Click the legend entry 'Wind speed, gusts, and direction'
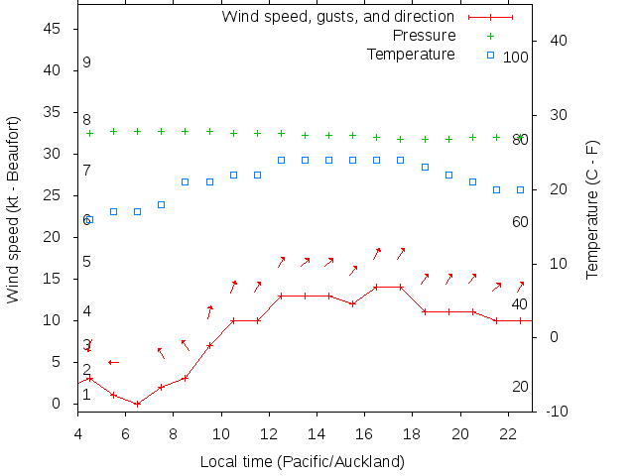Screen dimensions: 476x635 337,17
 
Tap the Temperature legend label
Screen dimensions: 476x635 411,54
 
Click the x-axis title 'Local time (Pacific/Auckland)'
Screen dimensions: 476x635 303,461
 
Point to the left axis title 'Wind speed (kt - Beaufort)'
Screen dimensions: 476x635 13,209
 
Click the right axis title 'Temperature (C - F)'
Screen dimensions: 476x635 592,209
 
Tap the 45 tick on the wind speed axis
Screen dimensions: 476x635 55,29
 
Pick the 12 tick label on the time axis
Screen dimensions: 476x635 268,433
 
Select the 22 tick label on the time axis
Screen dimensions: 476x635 507,433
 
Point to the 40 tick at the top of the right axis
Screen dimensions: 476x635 557,41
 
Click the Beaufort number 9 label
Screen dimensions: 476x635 87,62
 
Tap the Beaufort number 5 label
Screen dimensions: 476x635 87,262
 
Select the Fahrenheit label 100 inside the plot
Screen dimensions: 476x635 516,58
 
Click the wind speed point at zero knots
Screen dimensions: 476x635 137,404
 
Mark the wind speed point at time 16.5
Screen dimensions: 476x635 376,288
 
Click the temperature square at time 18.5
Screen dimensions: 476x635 425,167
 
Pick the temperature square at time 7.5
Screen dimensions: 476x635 161,204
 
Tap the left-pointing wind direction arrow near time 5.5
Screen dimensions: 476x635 113,362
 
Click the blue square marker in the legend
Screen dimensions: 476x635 490,54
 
